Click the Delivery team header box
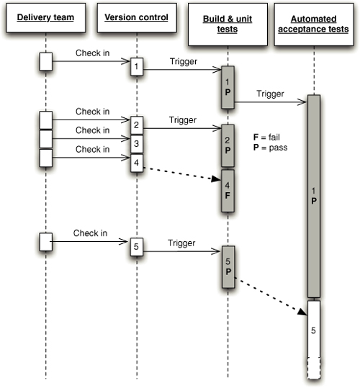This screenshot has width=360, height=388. point(46,17)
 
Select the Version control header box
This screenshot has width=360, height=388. point(137,17)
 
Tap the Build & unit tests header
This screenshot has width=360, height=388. point(228,24)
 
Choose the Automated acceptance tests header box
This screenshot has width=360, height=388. point(314,24)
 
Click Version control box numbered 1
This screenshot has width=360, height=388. point(137,66)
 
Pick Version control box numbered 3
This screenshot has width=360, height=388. point(137,144)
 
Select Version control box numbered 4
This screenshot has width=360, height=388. point(137,163)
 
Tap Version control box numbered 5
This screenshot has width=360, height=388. point(137,247)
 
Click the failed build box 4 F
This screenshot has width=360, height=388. point(228,191)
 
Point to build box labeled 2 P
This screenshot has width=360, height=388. point(228,145)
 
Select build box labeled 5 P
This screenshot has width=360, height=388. point(228,267)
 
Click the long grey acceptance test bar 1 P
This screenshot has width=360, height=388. point(314,196)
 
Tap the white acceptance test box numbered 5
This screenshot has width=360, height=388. point(314,330)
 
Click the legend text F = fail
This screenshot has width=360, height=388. point(266,137)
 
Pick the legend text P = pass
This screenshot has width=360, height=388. point(270,148)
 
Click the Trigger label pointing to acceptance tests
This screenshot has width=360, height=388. point(270,94)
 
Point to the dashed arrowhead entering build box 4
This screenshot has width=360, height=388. point(216,179)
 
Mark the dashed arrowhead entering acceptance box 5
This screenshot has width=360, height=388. point(302,312)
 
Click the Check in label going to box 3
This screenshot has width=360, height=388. point(93,130)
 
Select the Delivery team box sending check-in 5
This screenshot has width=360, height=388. point(46,242)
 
